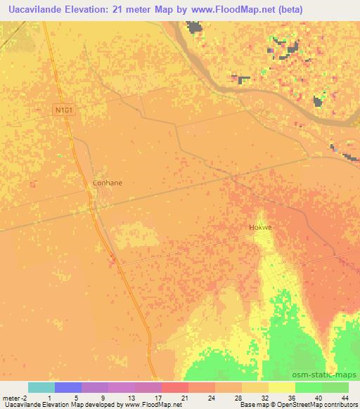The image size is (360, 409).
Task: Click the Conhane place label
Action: point(108,183)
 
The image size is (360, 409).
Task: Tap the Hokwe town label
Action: point(259,228)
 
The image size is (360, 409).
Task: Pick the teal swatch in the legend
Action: point(41,387)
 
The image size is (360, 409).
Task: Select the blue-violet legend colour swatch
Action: point(68,387)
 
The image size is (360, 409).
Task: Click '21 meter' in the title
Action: point(141,9)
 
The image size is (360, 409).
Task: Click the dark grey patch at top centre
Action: point(195,29)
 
